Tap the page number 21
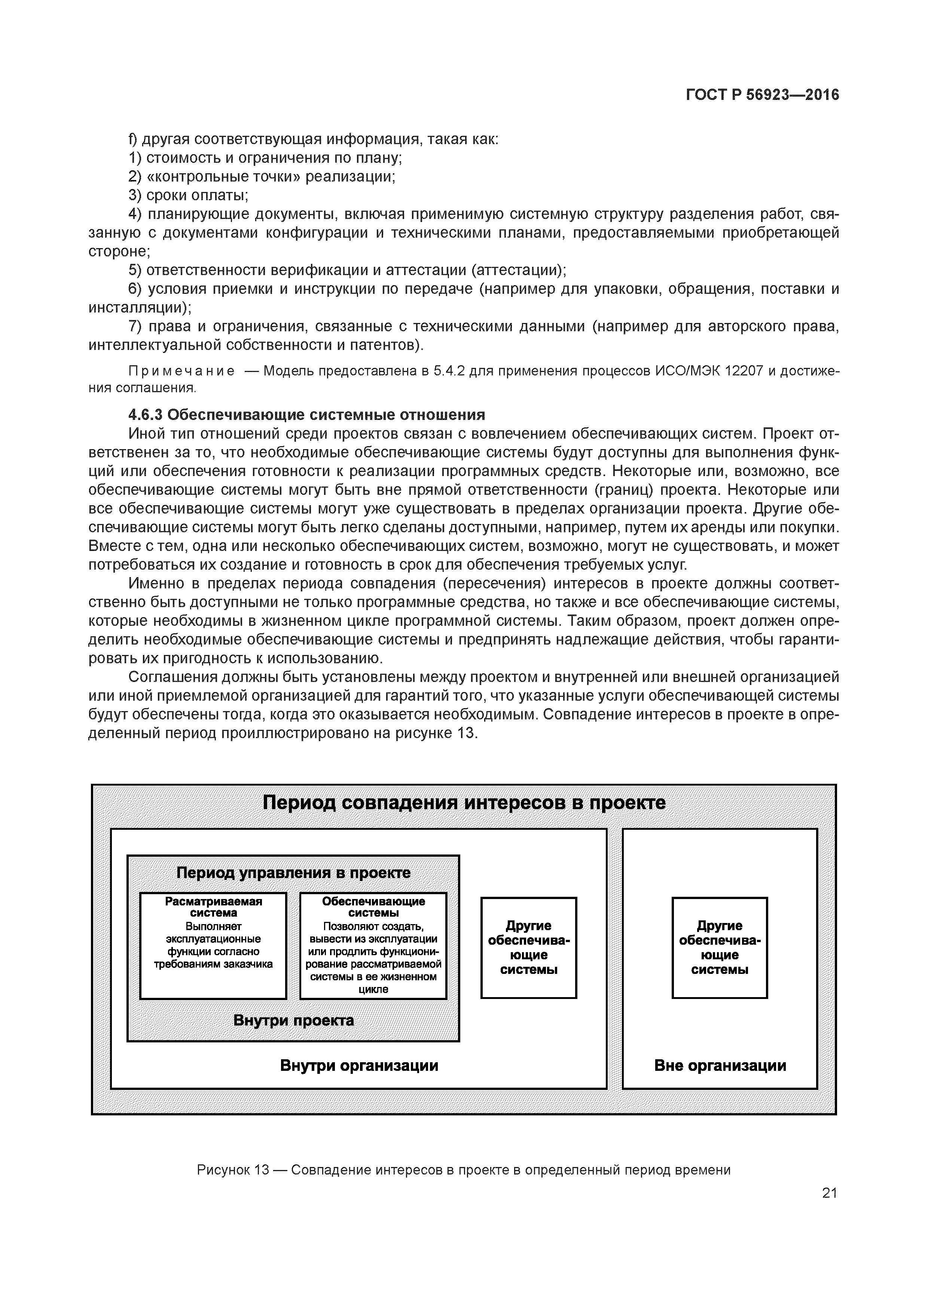(x=829, y=1193)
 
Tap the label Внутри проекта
(x=293, y=1020)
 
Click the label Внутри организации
(x=359, y=1065)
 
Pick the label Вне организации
(x=720, y=1065)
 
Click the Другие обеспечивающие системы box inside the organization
(x=529, y=948)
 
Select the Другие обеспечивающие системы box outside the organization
(x=719, y=948)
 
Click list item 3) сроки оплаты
(x=189, y=196)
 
